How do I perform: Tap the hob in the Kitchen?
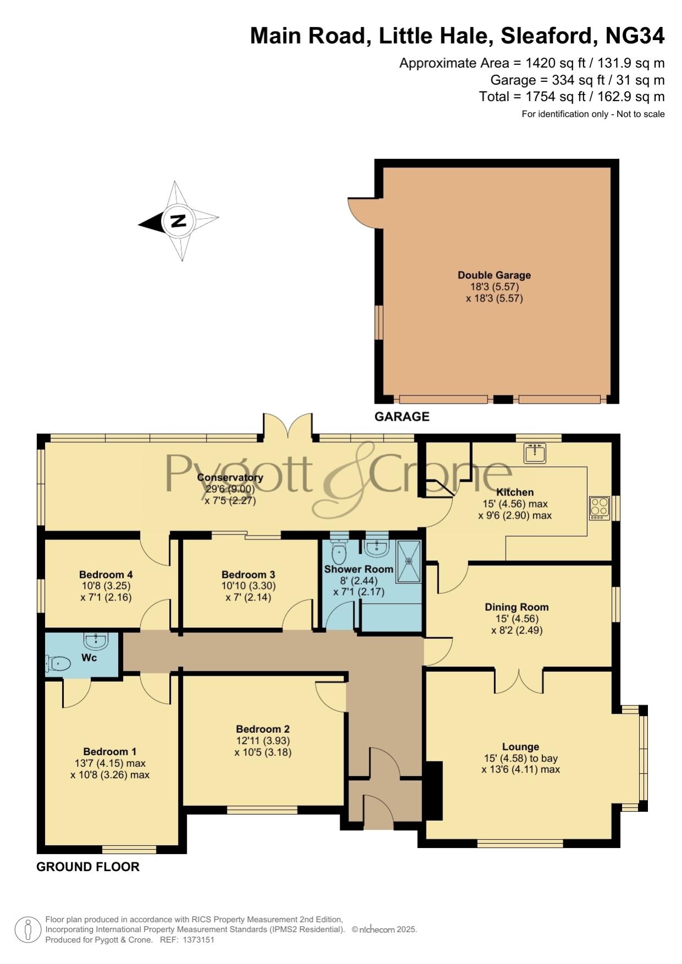599,508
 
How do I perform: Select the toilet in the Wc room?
58,664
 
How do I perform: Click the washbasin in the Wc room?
96,640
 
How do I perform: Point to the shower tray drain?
409,561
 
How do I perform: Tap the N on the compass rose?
178,221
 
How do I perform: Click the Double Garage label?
494,275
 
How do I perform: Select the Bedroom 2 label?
263,729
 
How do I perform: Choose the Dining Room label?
517,607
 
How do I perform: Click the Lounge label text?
520,746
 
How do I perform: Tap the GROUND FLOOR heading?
88,867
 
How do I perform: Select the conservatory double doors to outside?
288,426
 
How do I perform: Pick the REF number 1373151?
198,940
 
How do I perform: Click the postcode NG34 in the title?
635,36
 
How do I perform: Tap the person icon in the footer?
27,930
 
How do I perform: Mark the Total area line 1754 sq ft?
572,97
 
